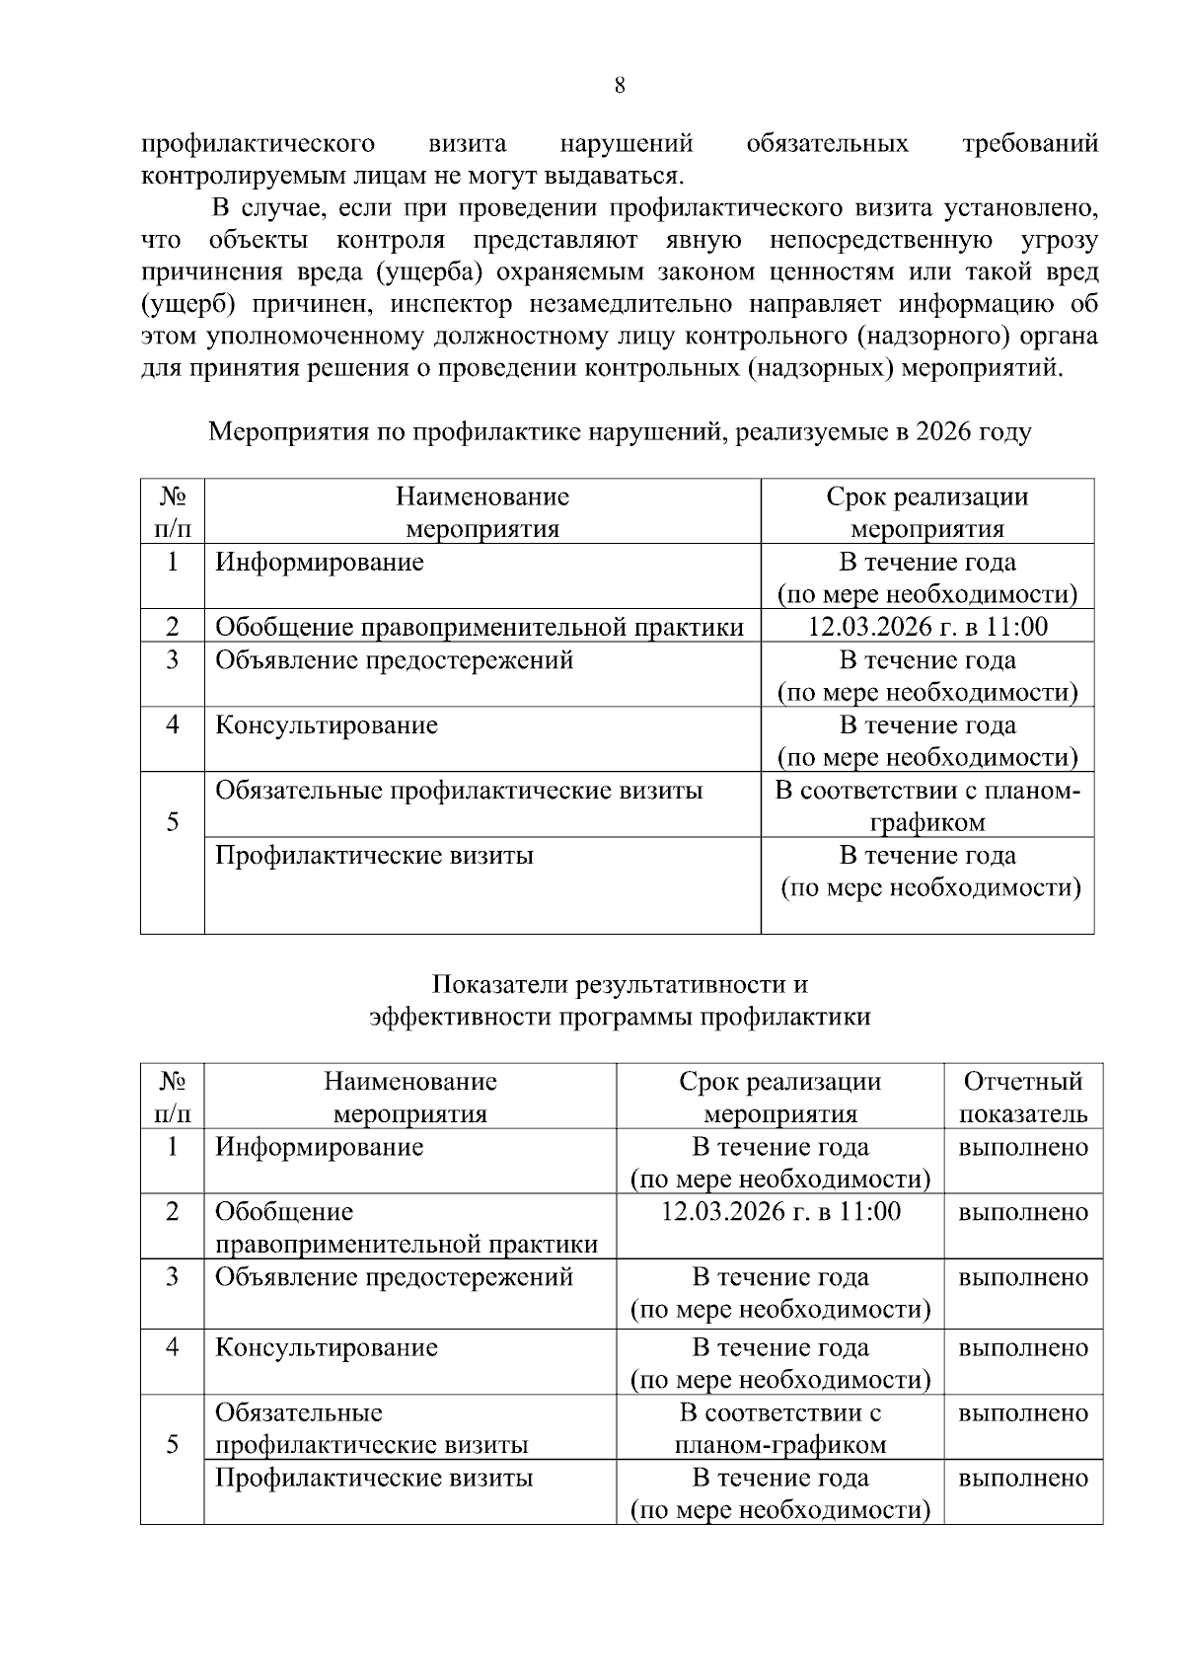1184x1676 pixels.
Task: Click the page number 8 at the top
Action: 620,86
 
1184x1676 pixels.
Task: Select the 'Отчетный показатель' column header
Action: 1023,1097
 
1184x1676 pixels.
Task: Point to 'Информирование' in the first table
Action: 320,563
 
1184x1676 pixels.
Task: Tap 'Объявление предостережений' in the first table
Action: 394,659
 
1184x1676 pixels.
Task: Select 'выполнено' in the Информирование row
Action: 1023,1147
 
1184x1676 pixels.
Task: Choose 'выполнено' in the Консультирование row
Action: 1023,1347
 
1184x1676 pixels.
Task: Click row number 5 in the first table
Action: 173,821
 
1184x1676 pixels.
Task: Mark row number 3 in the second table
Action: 173,1277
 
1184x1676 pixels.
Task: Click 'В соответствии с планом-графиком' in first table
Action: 926,806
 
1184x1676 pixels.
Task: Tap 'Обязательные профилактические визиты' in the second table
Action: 372,1428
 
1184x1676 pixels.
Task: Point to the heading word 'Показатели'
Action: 502,984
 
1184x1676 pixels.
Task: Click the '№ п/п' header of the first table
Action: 173,511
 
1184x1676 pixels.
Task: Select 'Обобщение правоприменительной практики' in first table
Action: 480,627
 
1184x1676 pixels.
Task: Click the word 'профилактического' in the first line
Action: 259,144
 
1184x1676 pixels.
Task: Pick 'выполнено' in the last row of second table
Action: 1023,1478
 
